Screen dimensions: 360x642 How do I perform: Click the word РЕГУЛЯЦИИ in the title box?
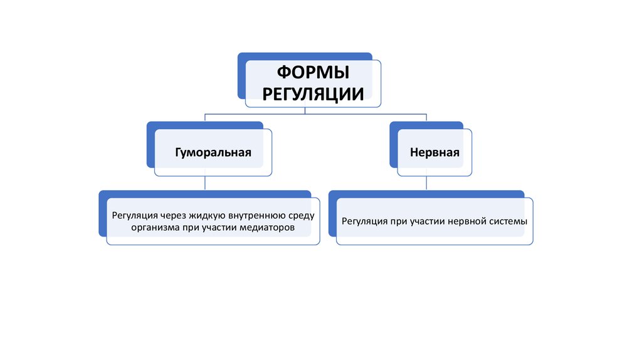[x=313, y=94]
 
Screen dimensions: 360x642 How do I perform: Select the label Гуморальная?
[x=213, y=152]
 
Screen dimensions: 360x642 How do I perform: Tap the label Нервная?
[x=434, y=152]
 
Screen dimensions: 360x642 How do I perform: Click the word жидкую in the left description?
[x=202, y=216]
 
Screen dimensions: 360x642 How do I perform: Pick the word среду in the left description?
[x=301, y=216]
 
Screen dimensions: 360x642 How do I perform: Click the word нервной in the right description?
[x=466, y=221]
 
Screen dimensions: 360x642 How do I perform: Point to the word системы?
[x=507, y=221]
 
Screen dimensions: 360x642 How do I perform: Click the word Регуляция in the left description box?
[x=133, y=216]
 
